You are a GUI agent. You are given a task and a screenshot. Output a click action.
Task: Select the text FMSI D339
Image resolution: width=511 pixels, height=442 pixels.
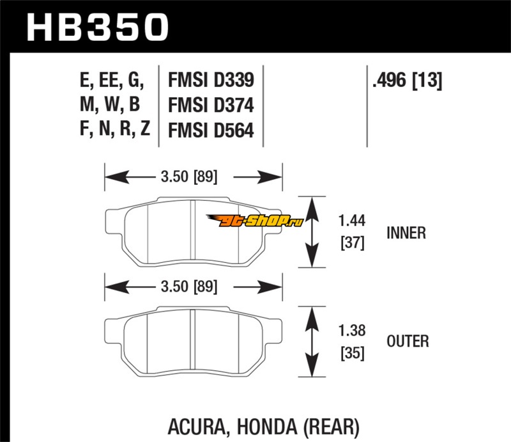(x=211, y=81)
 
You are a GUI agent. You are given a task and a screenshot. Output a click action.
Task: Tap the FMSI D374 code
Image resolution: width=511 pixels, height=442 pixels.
(x=211, y=106)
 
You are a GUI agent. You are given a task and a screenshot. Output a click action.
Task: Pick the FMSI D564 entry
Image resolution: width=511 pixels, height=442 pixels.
(x=211, y=130)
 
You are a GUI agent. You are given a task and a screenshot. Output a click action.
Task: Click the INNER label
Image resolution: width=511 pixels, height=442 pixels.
(x=406, y=233)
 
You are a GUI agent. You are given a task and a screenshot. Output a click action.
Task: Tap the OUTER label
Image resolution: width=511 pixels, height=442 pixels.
(x=408, y=341)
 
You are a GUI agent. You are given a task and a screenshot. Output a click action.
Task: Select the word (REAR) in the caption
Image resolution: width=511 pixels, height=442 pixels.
(x=329, y=424)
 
